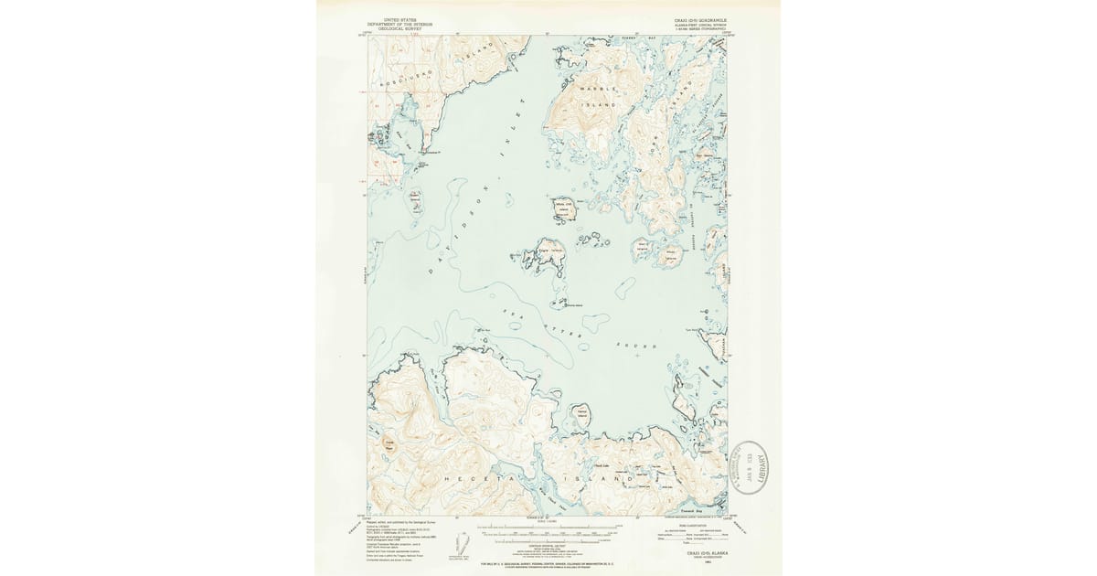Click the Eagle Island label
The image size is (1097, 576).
[x=548, y=249]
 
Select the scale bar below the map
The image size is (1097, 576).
[x=548, y=530]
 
